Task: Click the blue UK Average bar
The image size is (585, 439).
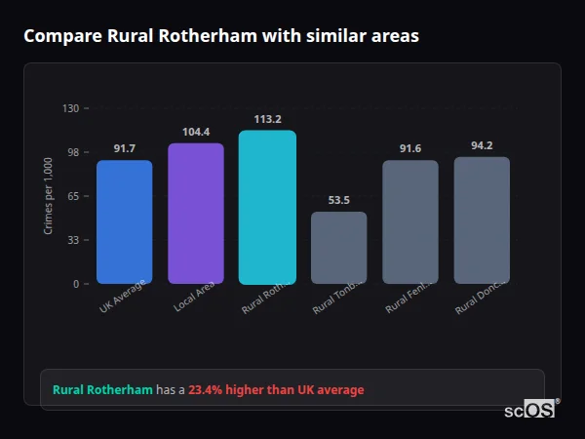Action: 124,221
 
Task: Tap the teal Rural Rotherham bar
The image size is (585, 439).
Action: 267,207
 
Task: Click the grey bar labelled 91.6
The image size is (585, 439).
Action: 410,221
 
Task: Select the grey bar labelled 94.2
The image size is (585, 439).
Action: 482,219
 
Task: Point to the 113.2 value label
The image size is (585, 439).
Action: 267,119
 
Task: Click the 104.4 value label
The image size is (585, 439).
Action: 196,132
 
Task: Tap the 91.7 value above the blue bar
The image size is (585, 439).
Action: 124,148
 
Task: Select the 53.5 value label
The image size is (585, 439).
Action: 339,200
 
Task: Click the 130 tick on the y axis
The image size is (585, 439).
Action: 70,108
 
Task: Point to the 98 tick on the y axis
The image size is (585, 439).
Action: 73,152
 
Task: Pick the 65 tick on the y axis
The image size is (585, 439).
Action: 73,196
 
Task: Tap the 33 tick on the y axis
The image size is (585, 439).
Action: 73,240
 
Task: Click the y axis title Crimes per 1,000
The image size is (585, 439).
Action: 49,195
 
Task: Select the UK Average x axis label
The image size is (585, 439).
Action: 124,297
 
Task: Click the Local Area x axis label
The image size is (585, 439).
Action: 196,297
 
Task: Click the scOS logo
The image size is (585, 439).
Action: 529,410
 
